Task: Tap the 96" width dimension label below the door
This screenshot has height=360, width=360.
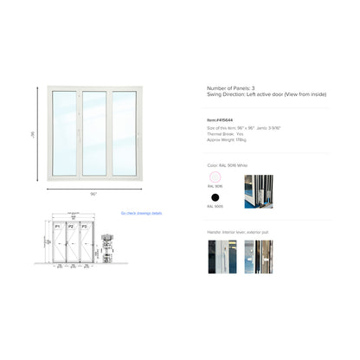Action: point(93,194)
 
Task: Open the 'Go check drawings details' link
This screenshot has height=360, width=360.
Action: point(141,213)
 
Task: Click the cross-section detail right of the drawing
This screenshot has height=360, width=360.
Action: point(108,247)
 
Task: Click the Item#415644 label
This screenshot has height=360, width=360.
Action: point(221,120)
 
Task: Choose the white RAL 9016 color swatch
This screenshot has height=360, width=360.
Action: point(214,178)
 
